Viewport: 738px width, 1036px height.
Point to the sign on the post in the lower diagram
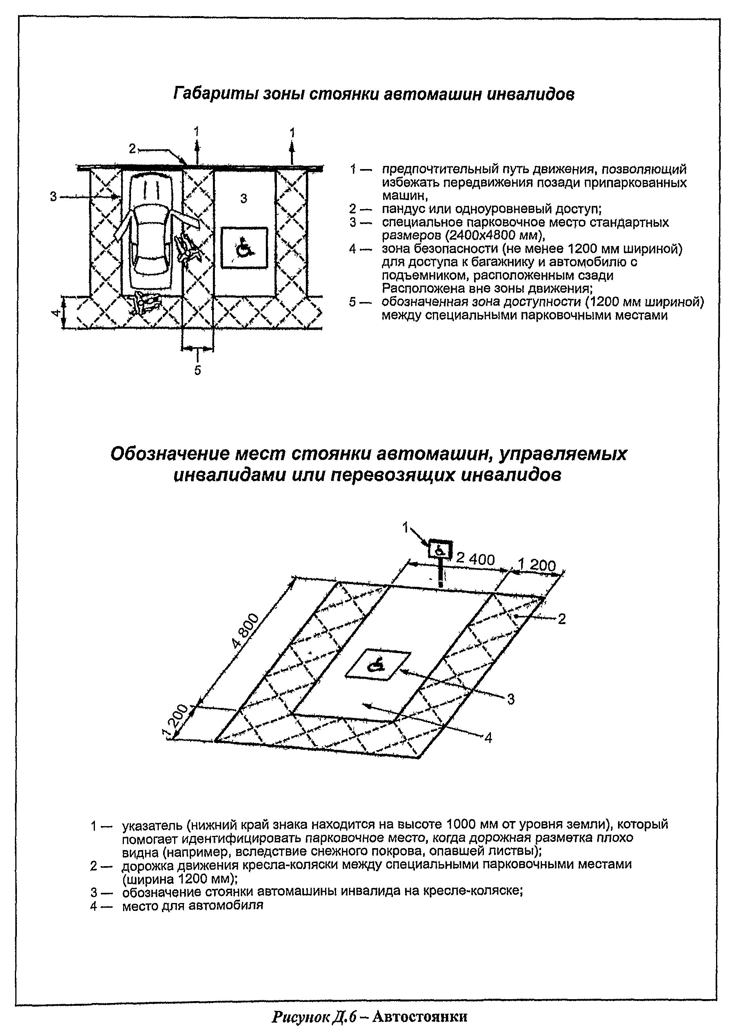click(x=440, y=550)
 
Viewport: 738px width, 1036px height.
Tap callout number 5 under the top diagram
click(x=197, y=370)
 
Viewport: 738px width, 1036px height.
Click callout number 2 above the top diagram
click(x=132, y=149)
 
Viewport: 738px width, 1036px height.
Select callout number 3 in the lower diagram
click(x=511, y=699)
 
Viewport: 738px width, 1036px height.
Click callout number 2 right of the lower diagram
click(x=562, y=619)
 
